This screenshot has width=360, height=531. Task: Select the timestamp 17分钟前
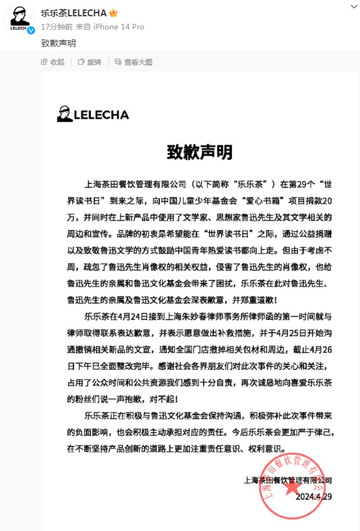coord(56,27)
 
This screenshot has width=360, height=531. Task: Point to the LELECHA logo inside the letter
coord(93,114)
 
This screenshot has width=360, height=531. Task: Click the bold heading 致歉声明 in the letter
coord(199,152)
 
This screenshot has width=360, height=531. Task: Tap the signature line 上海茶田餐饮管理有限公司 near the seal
coord(288,480)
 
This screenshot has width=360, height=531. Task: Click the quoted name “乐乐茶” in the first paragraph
coord(262,186)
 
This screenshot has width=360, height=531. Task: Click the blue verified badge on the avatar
coord(29,30)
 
